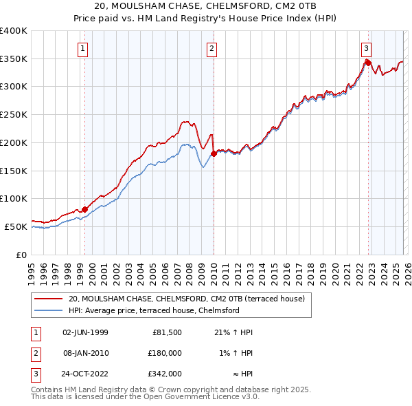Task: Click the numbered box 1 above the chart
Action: (83, 48)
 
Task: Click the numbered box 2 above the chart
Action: (211, 48)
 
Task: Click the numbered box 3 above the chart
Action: (367, 48)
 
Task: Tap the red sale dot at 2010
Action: (214, 153)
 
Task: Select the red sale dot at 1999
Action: (85, 209)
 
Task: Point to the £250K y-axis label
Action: (14, 114)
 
